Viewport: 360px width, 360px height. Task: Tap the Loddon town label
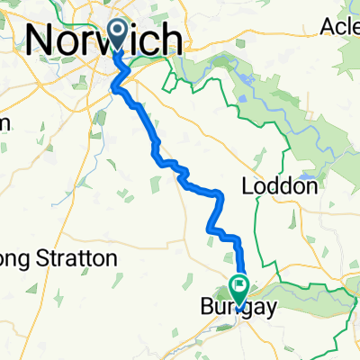click(x=281, y=187)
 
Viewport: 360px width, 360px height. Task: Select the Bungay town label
click(x=232, y=307)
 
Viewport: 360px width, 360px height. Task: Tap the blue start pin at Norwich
click(x=118, y=34)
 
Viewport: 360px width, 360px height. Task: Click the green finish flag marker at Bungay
click(x=240, y=288)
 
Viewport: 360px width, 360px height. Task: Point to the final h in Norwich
click(x=178, y=40)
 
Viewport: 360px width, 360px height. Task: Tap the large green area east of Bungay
click(x=315, y=295)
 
